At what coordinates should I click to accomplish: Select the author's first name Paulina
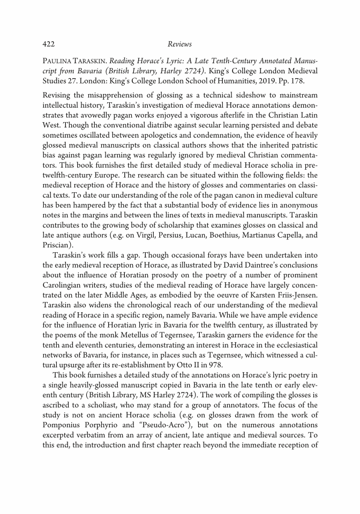coord(57,59)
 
